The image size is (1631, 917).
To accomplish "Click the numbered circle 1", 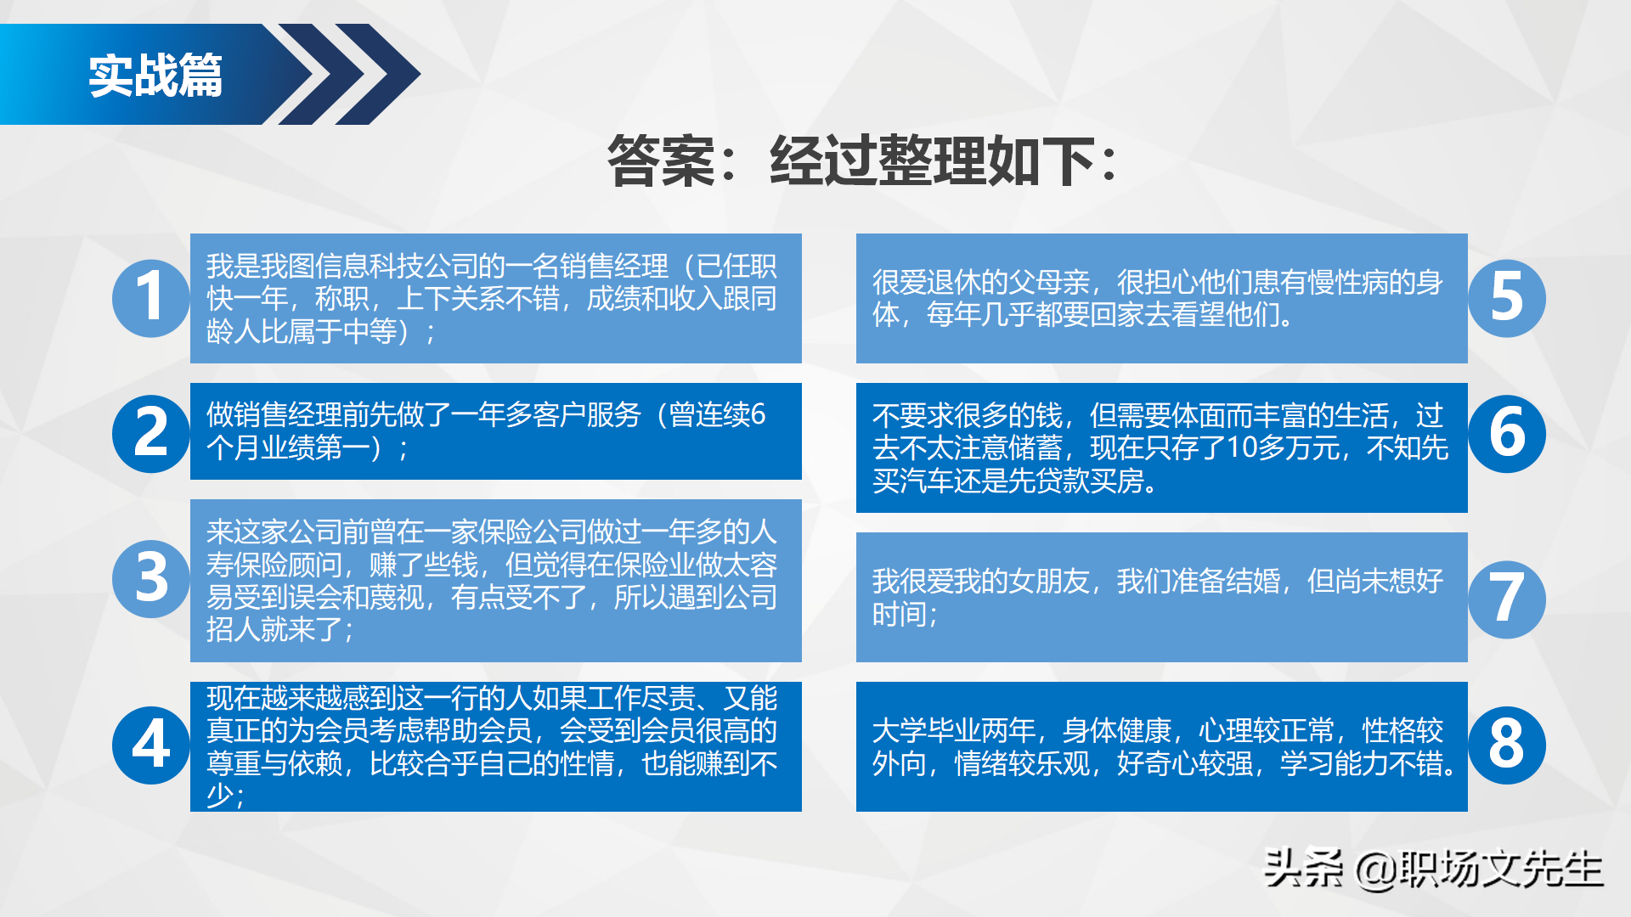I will coord(150,298).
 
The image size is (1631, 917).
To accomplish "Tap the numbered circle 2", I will coord(150,433).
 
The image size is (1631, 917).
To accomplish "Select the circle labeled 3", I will coord(150,578).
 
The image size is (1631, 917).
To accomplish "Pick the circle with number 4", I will coord(150,745).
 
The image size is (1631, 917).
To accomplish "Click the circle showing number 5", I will coord(1507,298).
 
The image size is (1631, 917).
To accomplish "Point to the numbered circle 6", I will coord(1507,433).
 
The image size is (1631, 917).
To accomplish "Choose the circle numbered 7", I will coord(1507,599).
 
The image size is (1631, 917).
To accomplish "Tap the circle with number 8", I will coord(1507,745).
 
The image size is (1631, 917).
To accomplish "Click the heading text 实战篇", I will coord(155,76).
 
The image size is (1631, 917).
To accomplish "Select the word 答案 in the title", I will coord(661,160).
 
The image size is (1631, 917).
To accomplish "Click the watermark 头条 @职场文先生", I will coord(1433,869).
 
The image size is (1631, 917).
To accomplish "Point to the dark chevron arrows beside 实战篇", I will coord(348,75).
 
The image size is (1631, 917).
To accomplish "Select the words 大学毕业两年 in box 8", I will coord(954,730).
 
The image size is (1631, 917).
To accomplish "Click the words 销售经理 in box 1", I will coord(614,267).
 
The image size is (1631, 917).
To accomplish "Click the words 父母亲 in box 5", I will coord(1048,283).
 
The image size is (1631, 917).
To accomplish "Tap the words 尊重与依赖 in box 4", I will coord(274,763).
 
